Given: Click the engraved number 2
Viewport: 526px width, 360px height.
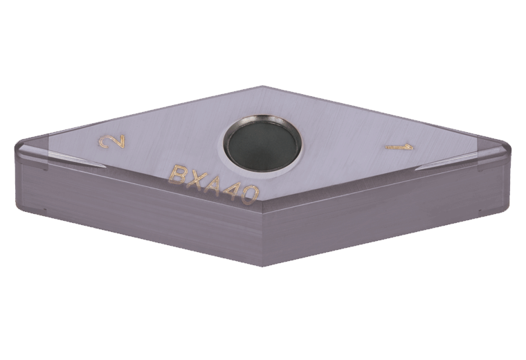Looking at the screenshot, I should pyautogui.click(x=111, y=143).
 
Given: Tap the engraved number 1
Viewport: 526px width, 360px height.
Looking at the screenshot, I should pyautogui.click(x=400, y=147).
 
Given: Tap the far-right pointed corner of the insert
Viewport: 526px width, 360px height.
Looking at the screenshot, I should pyautogui.click(x=509, y=147).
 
